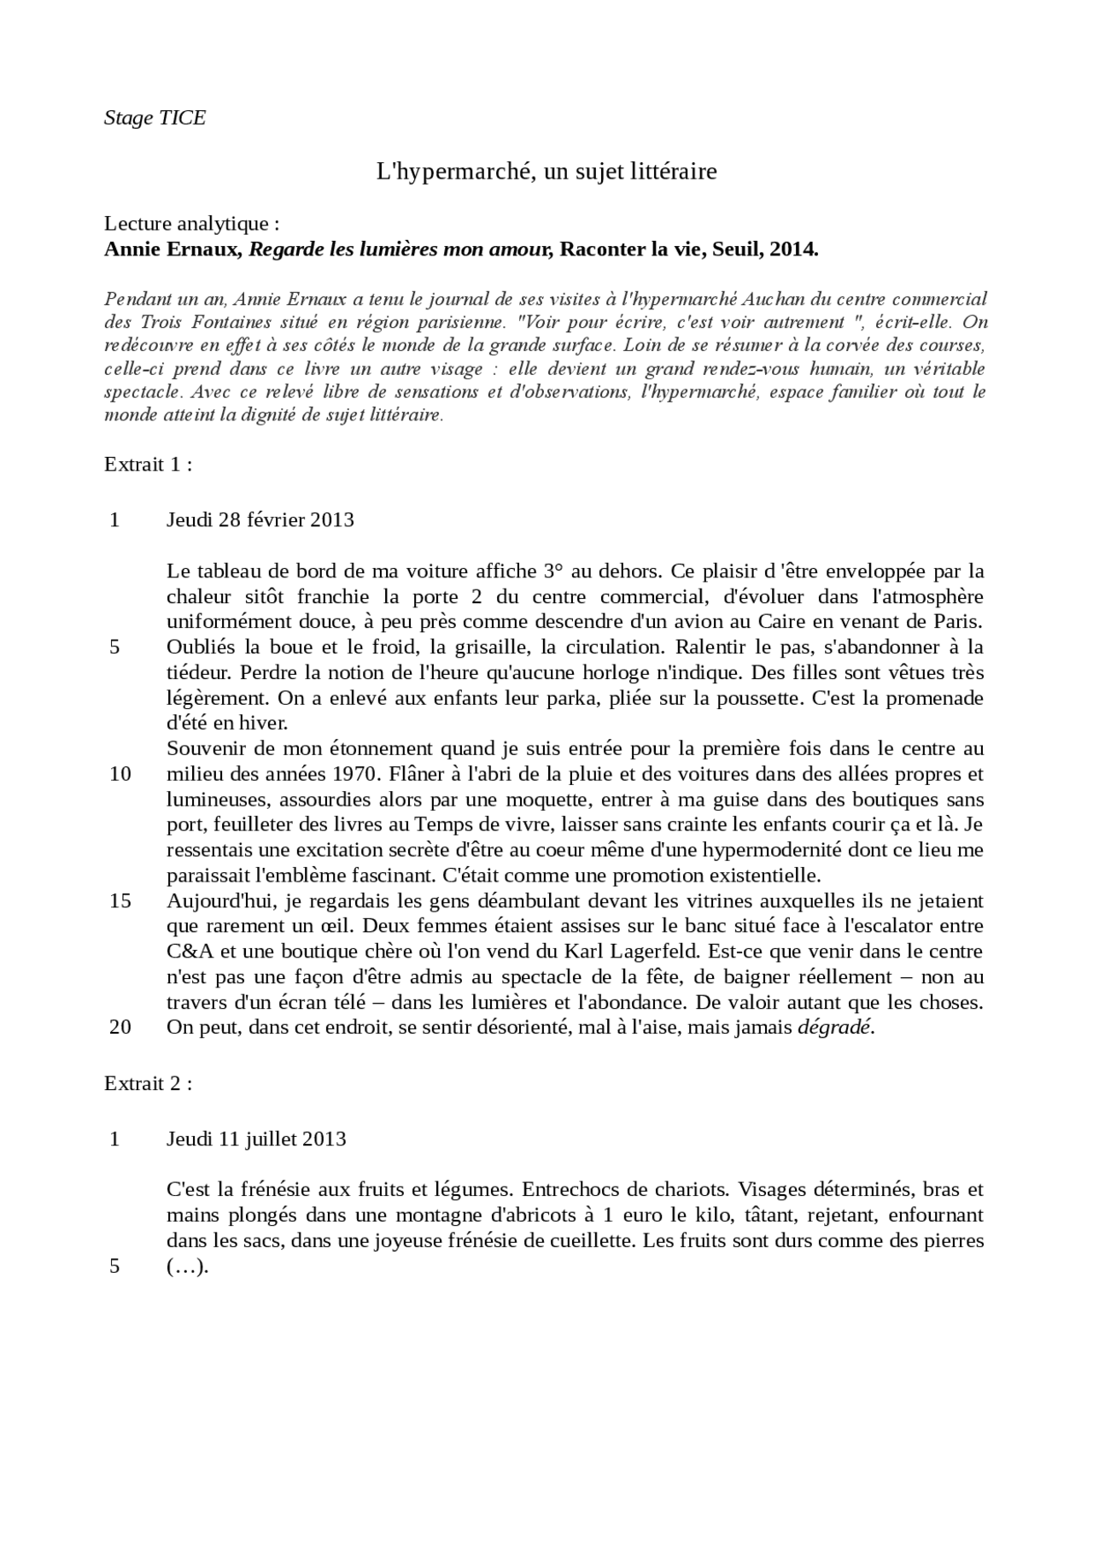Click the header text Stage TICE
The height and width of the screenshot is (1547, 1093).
pyautogui.click(x=155, y=118)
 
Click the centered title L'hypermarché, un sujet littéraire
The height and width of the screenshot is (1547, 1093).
pyautogui.click(x=546, y=172)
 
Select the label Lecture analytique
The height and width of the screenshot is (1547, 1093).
pyautogui.click(x=191, y=224)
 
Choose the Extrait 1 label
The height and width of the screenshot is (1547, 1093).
pyautogui.click(x=147, y=465)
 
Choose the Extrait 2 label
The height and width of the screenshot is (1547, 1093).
pyautogui.click(x=147, y=1084)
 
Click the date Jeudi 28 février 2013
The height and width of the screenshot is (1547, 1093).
pyautogui.click(x=260, y=520)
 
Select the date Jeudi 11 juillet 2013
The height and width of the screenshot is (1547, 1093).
pyautogui.click(x=256, y=1140)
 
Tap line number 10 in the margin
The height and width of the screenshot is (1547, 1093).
pyautogui.click(x=120, y=775)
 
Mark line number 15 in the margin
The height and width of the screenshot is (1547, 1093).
pyautogui.click(x=120, y=901)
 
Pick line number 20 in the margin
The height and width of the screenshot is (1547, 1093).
pyautogui.click(x=120, y=1028)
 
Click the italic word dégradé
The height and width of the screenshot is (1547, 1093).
pyautogui.click(x=834, y=1028)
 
